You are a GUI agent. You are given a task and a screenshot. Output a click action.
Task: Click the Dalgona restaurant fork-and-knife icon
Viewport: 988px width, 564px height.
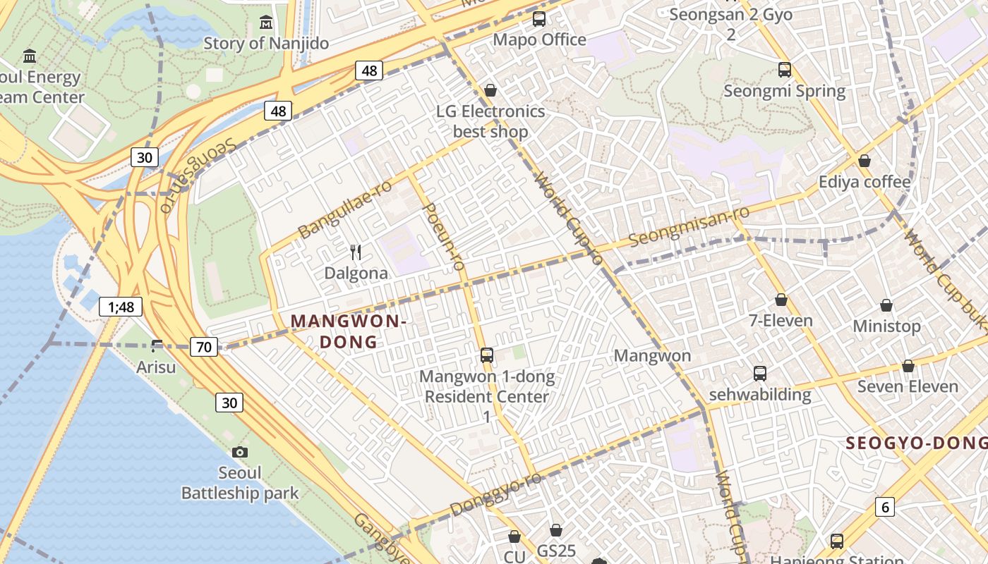356,252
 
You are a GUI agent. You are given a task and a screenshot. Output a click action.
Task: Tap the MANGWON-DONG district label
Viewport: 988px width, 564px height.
349,331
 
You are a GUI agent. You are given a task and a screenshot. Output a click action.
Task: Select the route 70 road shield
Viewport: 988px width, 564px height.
205,346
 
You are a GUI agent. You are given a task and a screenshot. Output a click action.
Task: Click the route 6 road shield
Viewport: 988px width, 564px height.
885,506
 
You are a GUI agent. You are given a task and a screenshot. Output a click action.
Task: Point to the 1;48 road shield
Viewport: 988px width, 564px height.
121,307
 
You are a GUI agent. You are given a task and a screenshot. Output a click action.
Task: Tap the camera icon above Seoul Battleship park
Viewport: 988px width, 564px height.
240,452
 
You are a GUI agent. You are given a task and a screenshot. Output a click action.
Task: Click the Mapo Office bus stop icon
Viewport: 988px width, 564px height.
539,19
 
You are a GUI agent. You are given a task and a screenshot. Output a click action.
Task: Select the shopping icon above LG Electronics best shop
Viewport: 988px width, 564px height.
490,90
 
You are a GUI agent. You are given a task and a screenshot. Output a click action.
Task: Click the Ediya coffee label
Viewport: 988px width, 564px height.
864,182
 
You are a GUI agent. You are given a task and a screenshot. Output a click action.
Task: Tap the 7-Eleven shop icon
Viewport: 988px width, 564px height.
781,300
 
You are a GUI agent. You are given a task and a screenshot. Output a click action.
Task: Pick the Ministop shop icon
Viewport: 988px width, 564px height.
886,305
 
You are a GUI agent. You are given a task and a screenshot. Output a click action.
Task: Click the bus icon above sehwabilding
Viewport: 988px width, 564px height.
760,373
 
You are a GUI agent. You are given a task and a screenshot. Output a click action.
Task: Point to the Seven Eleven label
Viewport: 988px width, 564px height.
908,386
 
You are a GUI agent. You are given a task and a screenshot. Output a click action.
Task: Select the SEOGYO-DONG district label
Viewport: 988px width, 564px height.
916,443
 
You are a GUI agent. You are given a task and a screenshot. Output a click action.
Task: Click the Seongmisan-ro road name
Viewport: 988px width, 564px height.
688,226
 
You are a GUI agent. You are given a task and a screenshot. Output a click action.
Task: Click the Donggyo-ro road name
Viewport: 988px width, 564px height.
495,493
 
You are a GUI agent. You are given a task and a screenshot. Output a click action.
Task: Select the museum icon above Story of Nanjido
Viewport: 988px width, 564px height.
266,22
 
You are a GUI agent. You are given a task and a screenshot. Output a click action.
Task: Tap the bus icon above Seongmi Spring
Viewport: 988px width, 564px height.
785,70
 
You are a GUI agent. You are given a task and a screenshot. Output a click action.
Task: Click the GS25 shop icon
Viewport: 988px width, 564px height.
556,529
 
